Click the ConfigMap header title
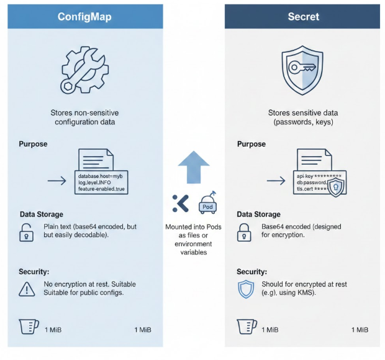84,17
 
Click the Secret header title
302,17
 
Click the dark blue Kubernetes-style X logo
180,203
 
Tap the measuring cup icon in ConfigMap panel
28,328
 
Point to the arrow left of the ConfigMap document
58,181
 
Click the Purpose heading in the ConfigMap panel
33,144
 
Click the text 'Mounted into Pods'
193,227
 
